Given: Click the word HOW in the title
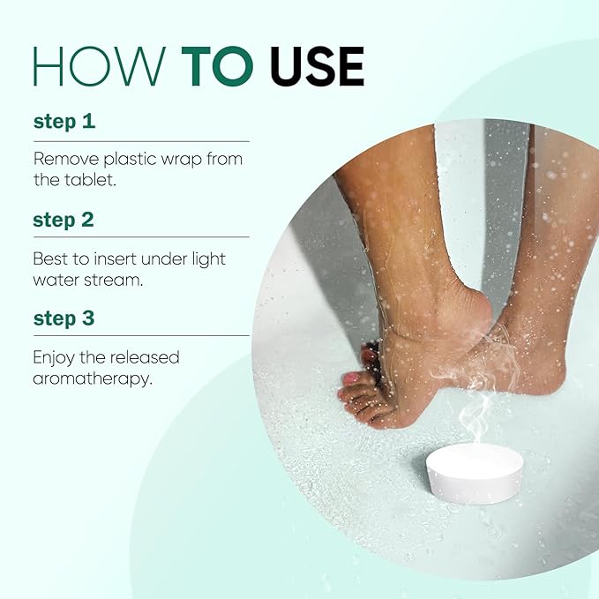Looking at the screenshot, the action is pyautogui.click(x=100, y=66).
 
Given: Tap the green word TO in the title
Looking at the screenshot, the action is pyautogui.click(x=217, y=66).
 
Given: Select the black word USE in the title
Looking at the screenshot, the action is pyautogui.click(x=317, y=66).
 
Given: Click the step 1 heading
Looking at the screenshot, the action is pyautogui.click(x=64, y=122).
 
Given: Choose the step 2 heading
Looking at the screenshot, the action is pyautogui.click(x=64, y=221).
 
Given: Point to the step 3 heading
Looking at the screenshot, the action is pyautogui.click(x=64, y=319).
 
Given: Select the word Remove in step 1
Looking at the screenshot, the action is pyautogui.click(x=66, y=159).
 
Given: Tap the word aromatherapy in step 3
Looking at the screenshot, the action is pyautogui.click(x=93, y=379).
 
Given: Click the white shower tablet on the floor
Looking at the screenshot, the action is pyautogui.click(x=475, y=473).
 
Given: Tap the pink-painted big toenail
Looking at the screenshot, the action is pyautogui.click(x=352, y=378).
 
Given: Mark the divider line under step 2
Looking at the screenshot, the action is pyautogui.click(x=141, y=236).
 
